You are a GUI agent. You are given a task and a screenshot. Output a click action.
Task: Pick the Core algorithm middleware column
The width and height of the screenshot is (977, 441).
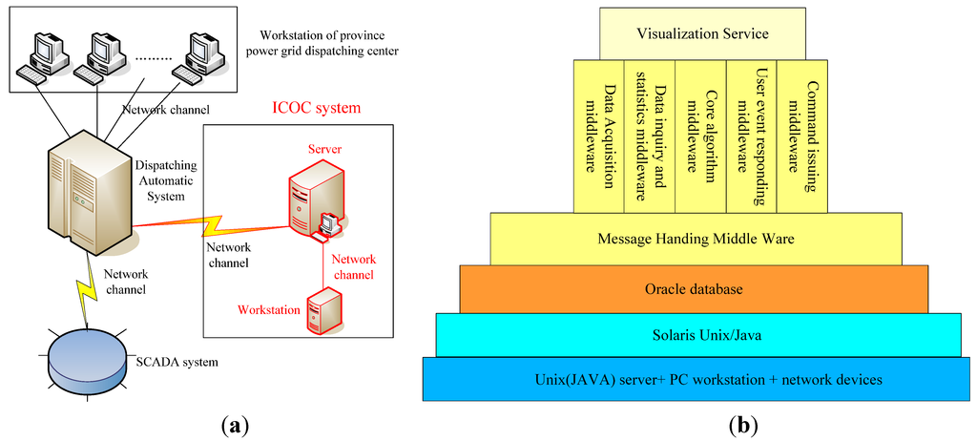700,135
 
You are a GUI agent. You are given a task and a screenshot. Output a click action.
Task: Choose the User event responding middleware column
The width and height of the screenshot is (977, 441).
751,135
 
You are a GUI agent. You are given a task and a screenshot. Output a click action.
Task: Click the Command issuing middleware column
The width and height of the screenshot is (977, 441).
802,135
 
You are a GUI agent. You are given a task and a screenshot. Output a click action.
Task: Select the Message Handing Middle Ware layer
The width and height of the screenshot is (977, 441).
696,238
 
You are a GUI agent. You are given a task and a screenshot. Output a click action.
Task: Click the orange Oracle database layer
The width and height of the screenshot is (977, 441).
694,289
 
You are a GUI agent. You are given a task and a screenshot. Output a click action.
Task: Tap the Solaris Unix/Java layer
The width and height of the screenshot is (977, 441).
697,334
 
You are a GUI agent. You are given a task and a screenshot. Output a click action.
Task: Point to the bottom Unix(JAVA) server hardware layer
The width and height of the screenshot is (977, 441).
696,379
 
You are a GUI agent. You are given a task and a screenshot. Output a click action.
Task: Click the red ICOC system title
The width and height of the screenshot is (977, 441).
315,107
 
